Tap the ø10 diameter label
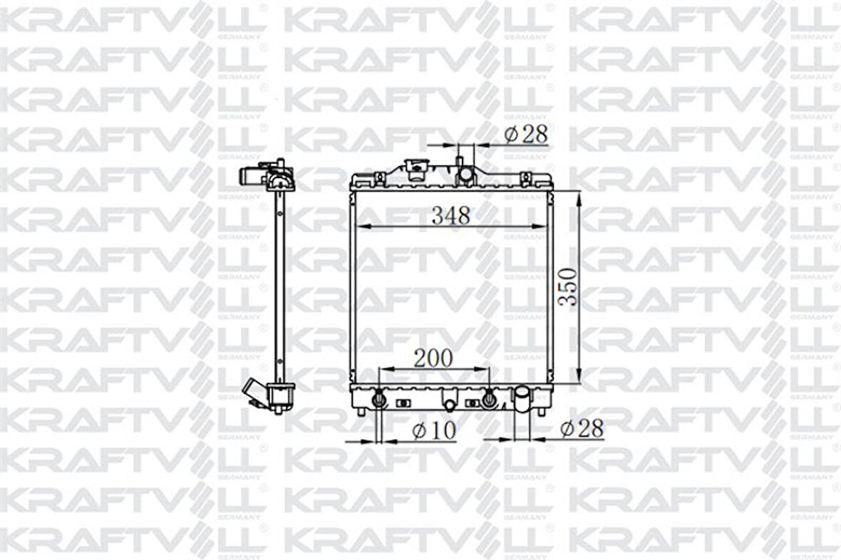tap(434, 430)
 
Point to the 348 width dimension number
tap(450, 216)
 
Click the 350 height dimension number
tap(567, 286)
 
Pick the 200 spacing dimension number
tap(433, 358)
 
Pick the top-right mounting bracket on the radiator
tap(526, 177)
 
